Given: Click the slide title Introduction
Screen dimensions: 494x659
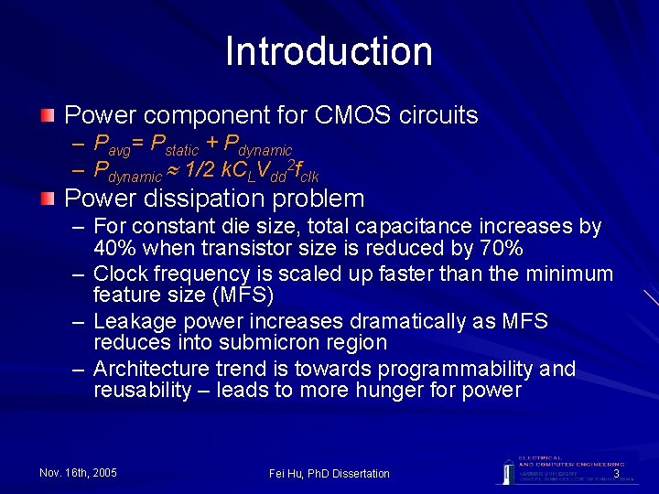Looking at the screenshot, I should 329,51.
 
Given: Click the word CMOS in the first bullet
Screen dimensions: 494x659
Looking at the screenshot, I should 348,116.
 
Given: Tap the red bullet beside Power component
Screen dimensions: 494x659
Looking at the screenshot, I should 48,115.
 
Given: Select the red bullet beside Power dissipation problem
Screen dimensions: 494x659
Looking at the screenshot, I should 48,198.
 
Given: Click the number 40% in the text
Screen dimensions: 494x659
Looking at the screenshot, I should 112,248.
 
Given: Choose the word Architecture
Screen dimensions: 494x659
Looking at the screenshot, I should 151,369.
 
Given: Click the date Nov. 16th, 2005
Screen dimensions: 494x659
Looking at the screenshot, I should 79,473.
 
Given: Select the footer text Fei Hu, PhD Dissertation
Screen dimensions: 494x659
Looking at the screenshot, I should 329,473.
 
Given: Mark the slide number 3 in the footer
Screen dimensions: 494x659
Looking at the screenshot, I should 616,474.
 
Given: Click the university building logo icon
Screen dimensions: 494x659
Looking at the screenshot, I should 506,469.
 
